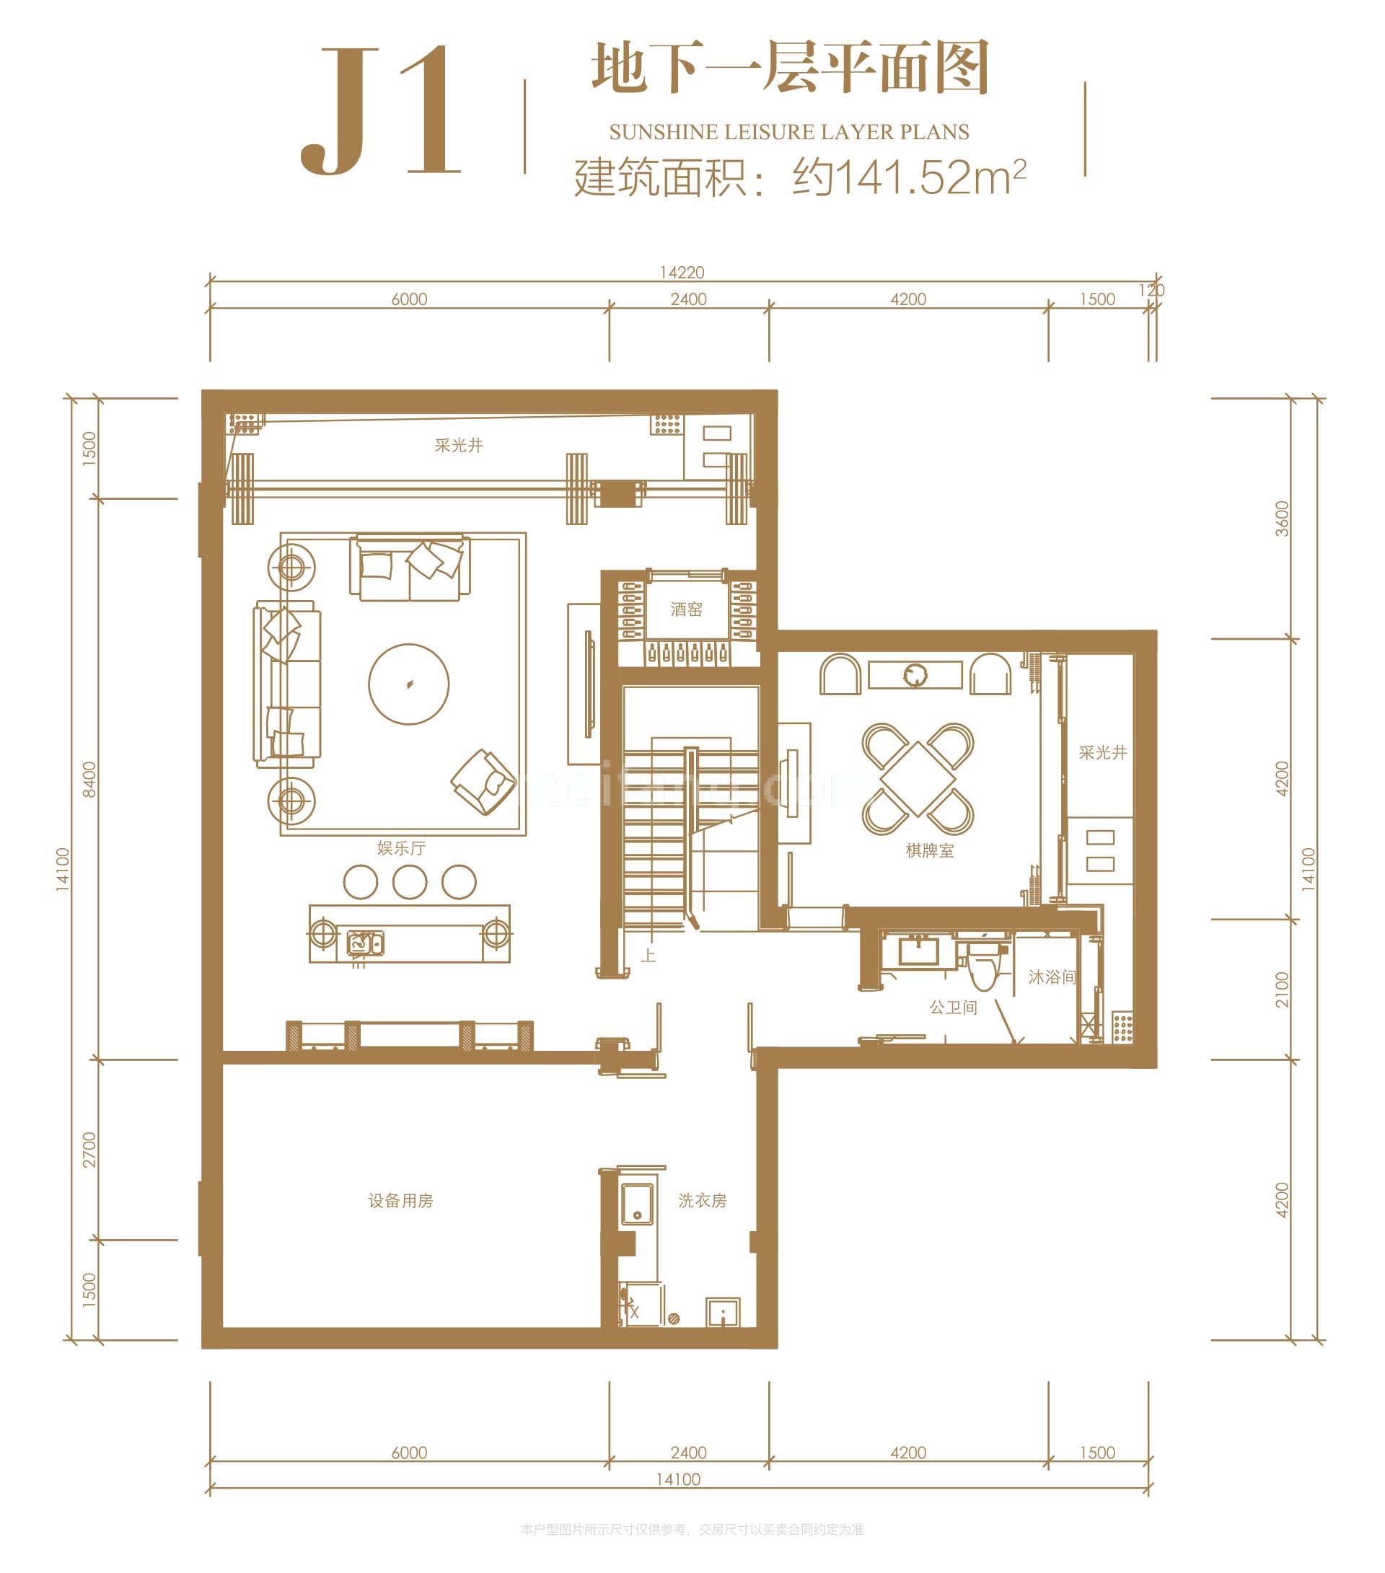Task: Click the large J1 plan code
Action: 380,112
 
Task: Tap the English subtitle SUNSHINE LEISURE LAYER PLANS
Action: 788,133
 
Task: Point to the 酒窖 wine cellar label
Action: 686,609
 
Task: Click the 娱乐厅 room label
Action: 401,848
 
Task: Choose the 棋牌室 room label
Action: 929,850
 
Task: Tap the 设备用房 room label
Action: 400,1201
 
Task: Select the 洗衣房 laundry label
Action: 702,1201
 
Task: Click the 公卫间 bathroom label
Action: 953,1008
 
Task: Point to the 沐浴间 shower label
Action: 1052,977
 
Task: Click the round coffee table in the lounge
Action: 409,684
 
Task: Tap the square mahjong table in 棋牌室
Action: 918,778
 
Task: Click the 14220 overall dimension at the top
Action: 682,273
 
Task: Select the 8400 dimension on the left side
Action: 90,779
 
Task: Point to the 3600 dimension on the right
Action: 1281,518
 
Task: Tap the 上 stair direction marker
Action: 648,956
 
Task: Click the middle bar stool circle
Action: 410,882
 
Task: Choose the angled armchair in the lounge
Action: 483,782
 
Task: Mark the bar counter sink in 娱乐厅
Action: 364,942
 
